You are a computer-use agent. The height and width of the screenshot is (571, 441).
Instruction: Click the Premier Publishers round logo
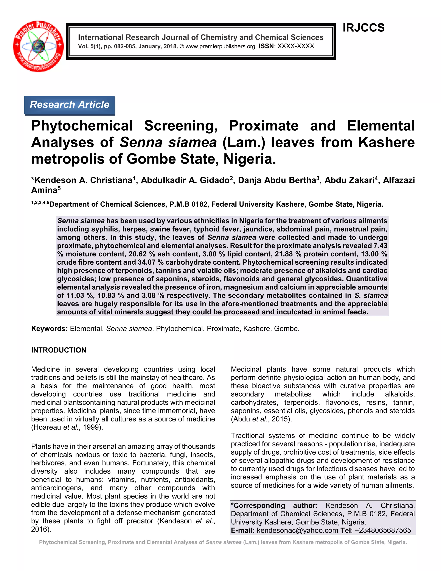[38, 46]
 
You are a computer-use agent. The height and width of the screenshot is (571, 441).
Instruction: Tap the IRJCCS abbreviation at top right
[363, 28]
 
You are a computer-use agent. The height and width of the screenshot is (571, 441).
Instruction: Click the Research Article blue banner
[70, 105]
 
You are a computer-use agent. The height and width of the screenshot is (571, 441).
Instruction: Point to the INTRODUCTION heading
[59, 350]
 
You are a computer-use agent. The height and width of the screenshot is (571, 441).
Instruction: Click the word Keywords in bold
[49, 329]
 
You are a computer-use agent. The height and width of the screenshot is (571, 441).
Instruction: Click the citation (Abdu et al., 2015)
[261, 419]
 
